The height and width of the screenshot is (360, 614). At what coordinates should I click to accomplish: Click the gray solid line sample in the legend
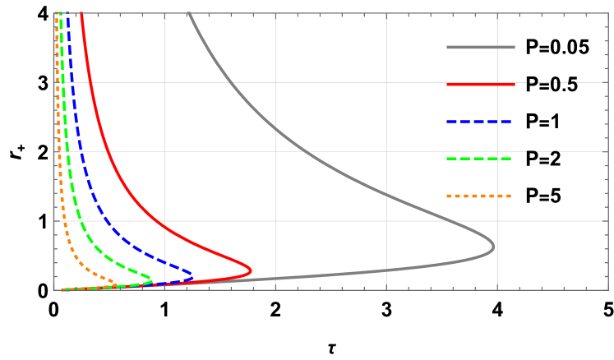point(481,48)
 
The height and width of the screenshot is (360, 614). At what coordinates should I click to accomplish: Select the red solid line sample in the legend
point(481,85)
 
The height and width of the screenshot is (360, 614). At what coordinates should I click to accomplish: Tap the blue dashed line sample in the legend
point(479,122)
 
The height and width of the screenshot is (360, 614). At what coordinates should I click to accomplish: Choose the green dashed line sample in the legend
point(479,159)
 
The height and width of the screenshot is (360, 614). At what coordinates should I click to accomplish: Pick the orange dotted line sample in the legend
point(479,196)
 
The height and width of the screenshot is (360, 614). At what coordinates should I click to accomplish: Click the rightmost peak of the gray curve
point(493,247)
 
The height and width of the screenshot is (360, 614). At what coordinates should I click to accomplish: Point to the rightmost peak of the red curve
point(251,270)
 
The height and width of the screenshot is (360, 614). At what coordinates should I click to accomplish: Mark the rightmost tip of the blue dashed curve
point(192,275)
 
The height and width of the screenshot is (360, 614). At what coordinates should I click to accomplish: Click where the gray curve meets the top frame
point(188,13)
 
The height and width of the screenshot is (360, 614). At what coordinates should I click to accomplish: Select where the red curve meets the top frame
point(81,13)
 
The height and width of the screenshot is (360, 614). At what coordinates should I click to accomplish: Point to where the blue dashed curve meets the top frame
point(67,13)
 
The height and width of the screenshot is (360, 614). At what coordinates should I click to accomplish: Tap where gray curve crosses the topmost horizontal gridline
point(230,82)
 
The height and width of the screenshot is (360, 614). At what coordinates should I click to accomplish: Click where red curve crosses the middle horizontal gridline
point(109,151)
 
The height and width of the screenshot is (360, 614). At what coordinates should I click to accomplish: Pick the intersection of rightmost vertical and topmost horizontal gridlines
point(496,82)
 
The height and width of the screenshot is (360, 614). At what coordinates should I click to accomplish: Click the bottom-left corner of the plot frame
point(54,289)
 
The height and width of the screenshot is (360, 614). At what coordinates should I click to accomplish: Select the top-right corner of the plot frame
point(608,13)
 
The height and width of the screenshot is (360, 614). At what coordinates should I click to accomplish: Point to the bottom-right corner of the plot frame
point(608,289)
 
